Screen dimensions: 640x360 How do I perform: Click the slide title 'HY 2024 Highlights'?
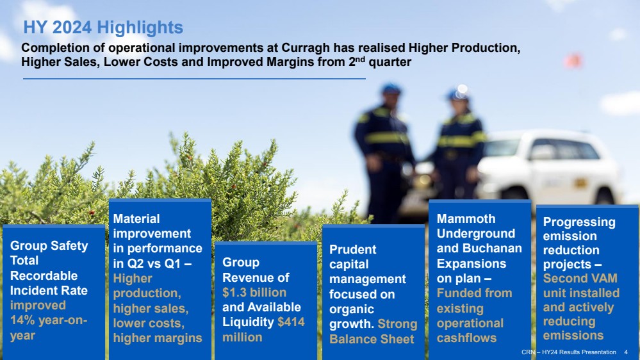pyautogui.click(x=103, y=28)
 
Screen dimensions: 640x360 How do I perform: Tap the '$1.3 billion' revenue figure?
pyautogui.click(x=254, y=292)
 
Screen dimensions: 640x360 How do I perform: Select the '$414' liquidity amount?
pyautogui.click(x=291, y=322)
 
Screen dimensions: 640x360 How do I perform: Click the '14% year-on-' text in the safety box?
pyautogui.click(x=49, y=320)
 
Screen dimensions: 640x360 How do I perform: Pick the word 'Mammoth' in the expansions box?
pyautogui.click(x=466, y=219)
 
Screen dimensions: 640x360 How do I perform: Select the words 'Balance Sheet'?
pyautogui.click(x=372, y=339)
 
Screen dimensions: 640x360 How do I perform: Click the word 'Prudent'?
pyautogui.click(x=352, y=249)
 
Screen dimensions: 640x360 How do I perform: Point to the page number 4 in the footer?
pyautogui.click(x=626, y=352)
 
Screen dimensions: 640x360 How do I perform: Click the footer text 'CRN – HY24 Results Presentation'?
pyautogui.click(x=569, y=352)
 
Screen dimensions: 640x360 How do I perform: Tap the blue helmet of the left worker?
pyautogui.click(x=391, y=88)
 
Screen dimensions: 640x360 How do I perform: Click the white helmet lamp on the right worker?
pyautogui.click(x=463, y=88)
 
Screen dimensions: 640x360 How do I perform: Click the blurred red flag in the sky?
pyautogui.click(x=573, y=61)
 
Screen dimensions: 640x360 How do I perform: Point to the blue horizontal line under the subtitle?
pyautogui.click(x=194, y=78)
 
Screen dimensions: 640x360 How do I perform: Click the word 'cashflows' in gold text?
pyautogui.click(x=466, y=338)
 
